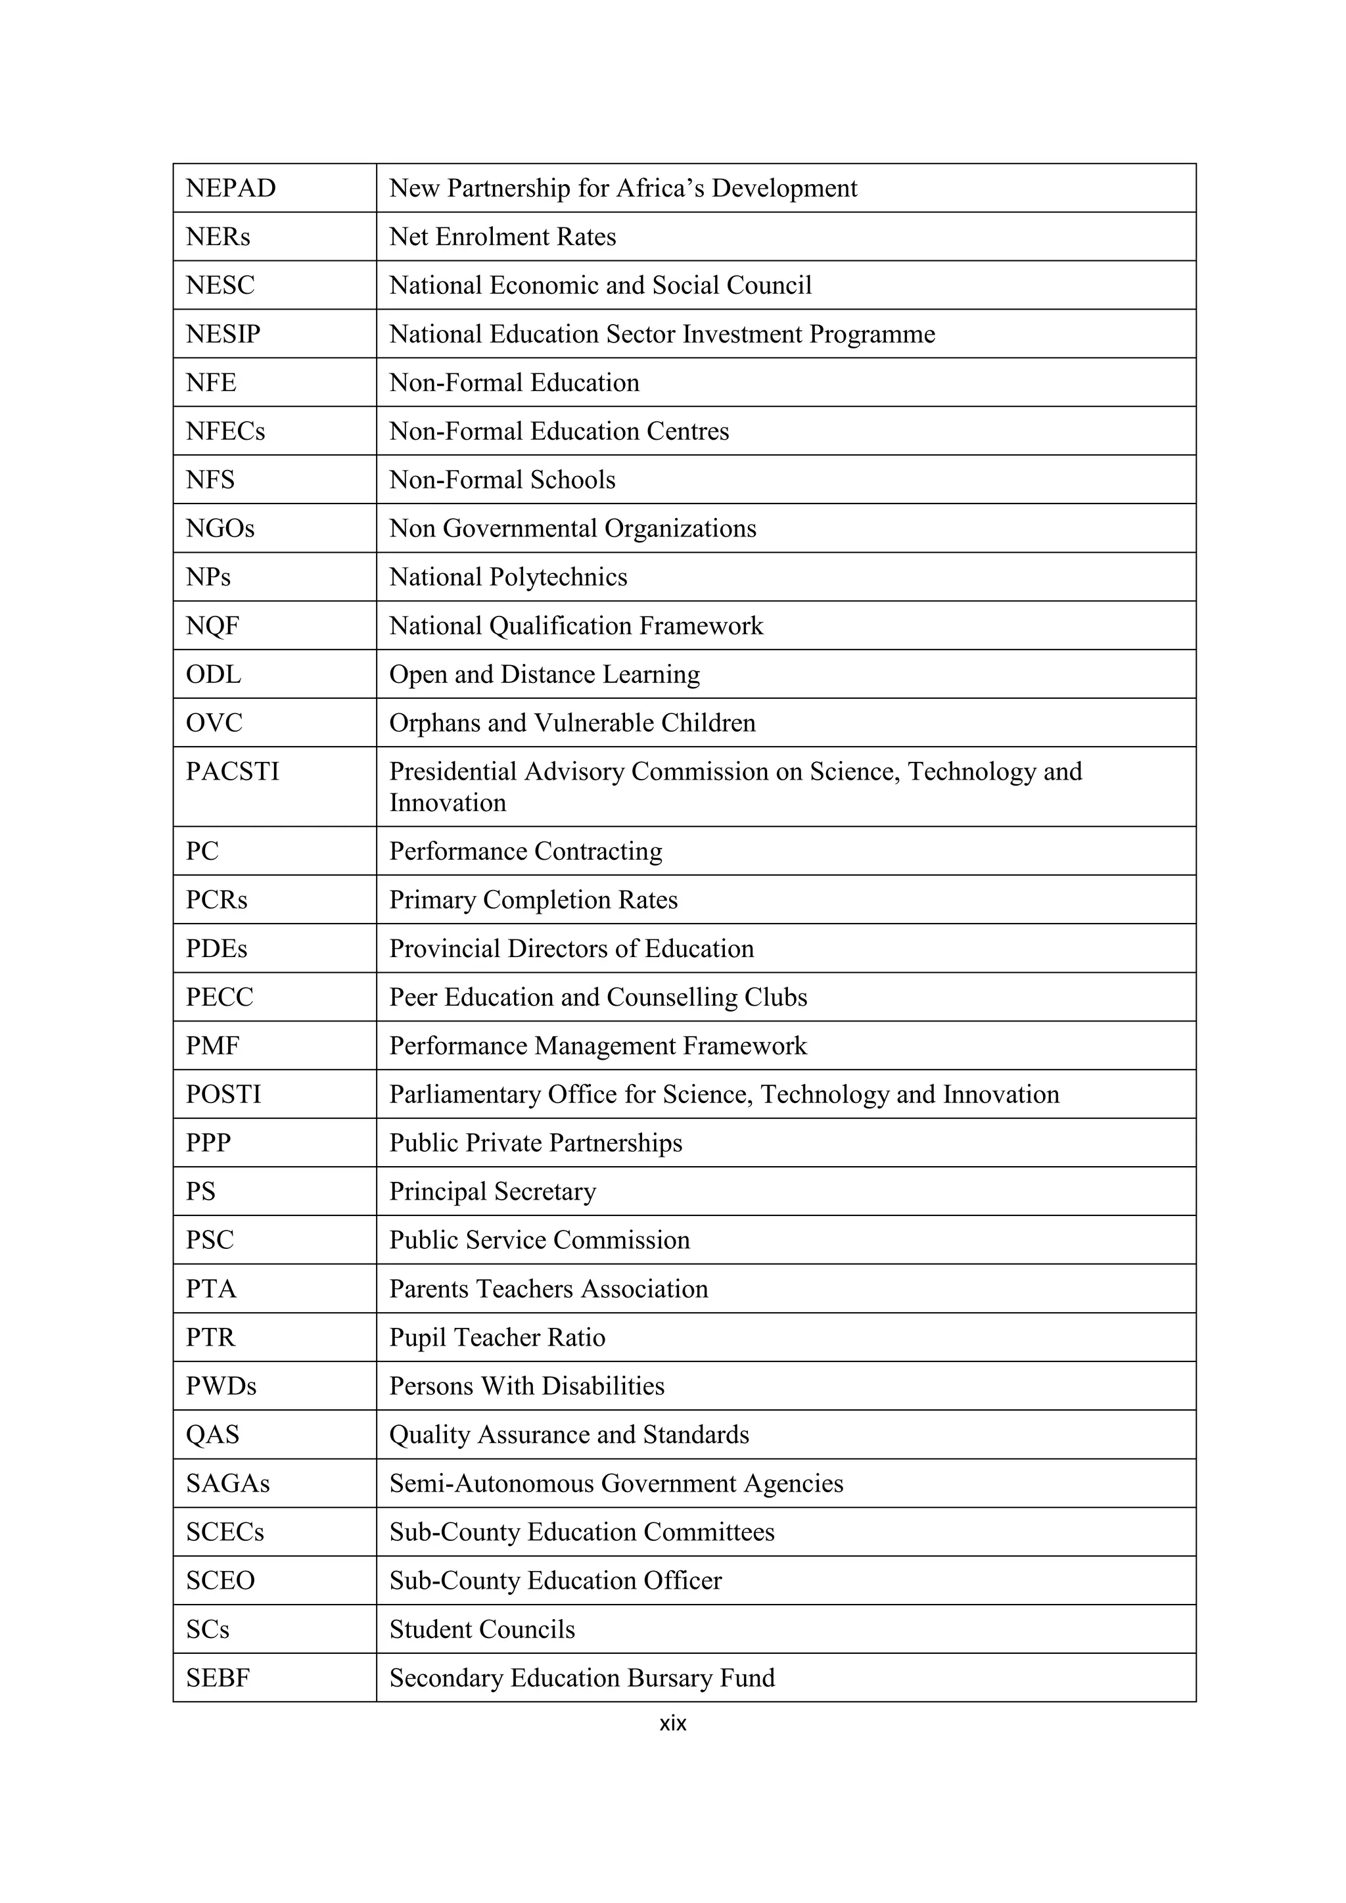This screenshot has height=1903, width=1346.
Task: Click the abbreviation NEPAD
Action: [231, 188]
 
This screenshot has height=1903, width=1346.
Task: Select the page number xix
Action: [672, 1723]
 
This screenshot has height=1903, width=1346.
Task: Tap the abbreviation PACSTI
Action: [232, 772]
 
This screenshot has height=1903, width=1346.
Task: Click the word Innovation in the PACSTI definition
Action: [448, 803]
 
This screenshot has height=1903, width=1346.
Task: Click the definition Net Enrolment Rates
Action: [502, 237]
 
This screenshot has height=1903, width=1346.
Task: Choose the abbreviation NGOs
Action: [220, 529]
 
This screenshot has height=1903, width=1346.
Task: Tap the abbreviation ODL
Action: [213, 674]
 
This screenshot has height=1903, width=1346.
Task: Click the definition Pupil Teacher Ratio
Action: [498, 1338]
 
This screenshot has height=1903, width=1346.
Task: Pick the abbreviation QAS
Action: [212, 1435]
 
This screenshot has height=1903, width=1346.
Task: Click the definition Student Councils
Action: [482, 1630]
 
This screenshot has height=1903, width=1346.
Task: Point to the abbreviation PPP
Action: [208, 1143]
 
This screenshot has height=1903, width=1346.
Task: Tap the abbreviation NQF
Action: [212, 626]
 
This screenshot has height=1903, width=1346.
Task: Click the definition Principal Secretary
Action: [492, 1192]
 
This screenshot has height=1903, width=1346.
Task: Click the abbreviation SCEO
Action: [220, 1581]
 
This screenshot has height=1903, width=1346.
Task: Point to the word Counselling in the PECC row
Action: [670, 997]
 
